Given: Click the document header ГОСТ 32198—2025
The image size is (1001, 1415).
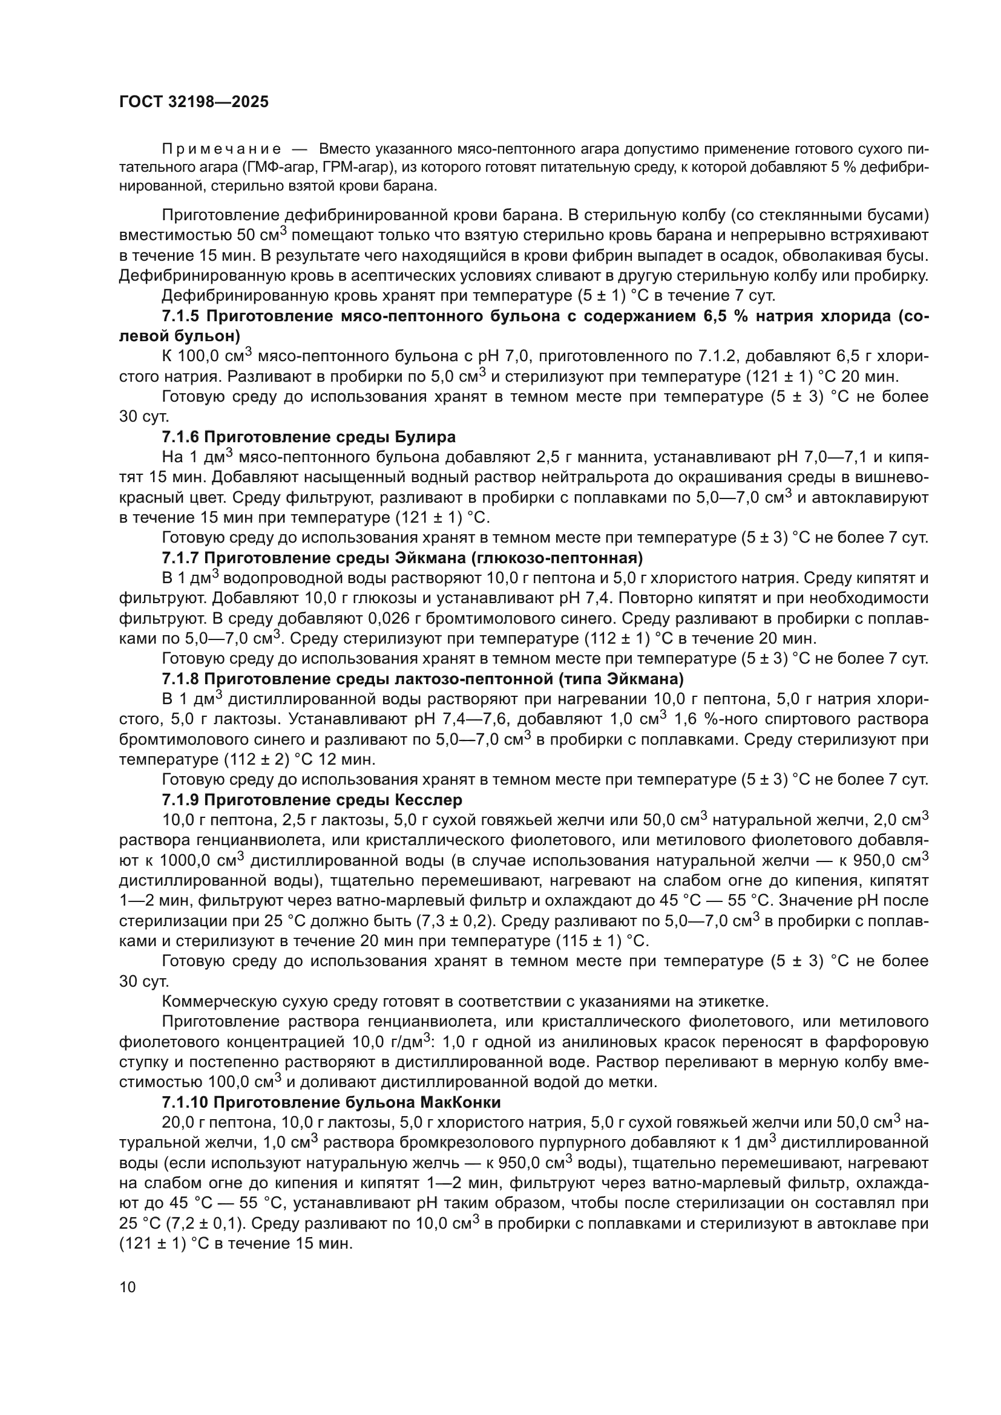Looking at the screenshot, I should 194,102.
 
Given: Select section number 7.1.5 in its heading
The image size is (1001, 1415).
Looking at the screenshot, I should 180,317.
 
